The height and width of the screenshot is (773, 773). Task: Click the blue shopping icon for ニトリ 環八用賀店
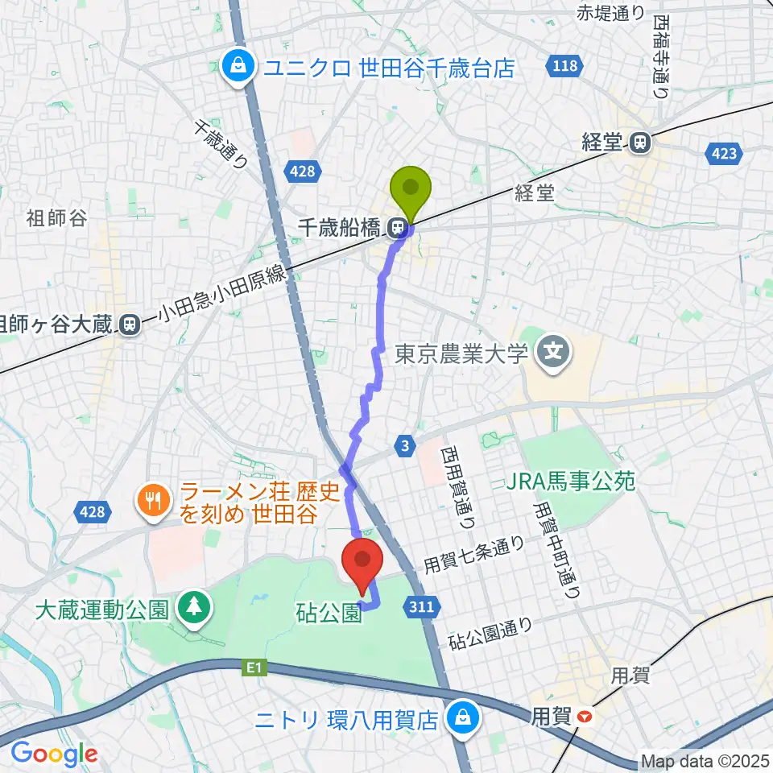(462, 717)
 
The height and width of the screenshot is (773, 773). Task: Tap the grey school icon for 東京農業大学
(554, 352)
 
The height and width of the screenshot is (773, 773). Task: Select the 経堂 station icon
(640, 143)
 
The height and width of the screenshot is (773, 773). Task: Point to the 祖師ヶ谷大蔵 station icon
(128, 324)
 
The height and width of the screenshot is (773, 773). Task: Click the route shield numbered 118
(565, 66)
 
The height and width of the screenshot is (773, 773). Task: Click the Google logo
(54, 754)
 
